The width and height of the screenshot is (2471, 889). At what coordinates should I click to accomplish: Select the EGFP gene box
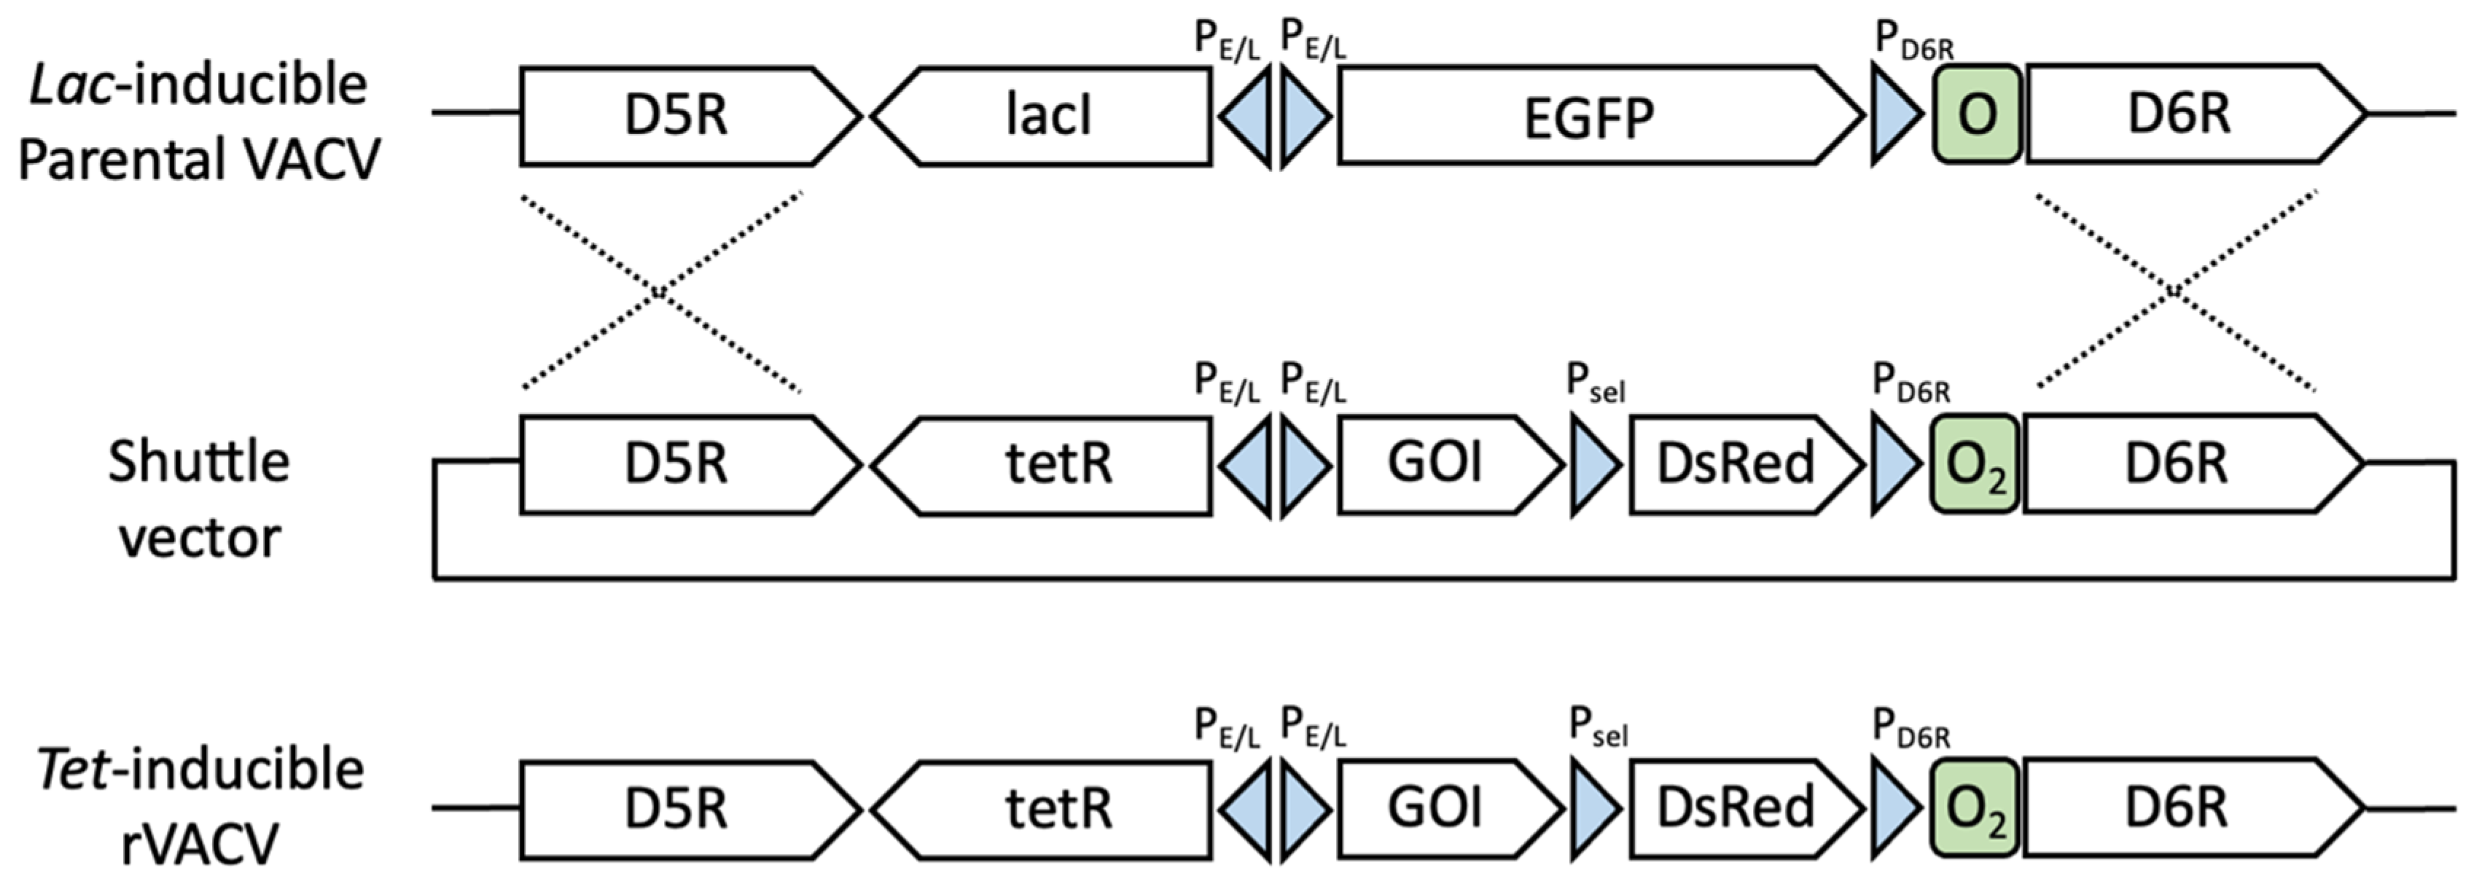[x=1588, y=116]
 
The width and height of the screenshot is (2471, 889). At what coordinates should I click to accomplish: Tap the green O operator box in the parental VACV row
[x=1977, y=115]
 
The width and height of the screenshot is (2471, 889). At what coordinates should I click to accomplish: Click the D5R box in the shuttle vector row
[x=676, y=464]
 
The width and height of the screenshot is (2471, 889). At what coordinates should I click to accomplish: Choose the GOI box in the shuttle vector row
[x=1436, y=464]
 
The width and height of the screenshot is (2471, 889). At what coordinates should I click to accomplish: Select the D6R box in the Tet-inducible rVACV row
[x=2177, y=807]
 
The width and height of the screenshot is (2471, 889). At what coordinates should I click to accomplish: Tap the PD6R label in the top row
[x=1913, y=40]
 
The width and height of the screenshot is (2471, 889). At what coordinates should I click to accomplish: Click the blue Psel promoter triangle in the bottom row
[x=1593, y=807]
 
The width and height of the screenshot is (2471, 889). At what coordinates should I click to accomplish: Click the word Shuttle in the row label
[x=198, y=462]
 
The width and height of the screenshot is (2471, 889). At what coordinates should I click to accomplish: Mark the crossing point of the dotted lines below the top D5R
[x=660, y=291]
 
